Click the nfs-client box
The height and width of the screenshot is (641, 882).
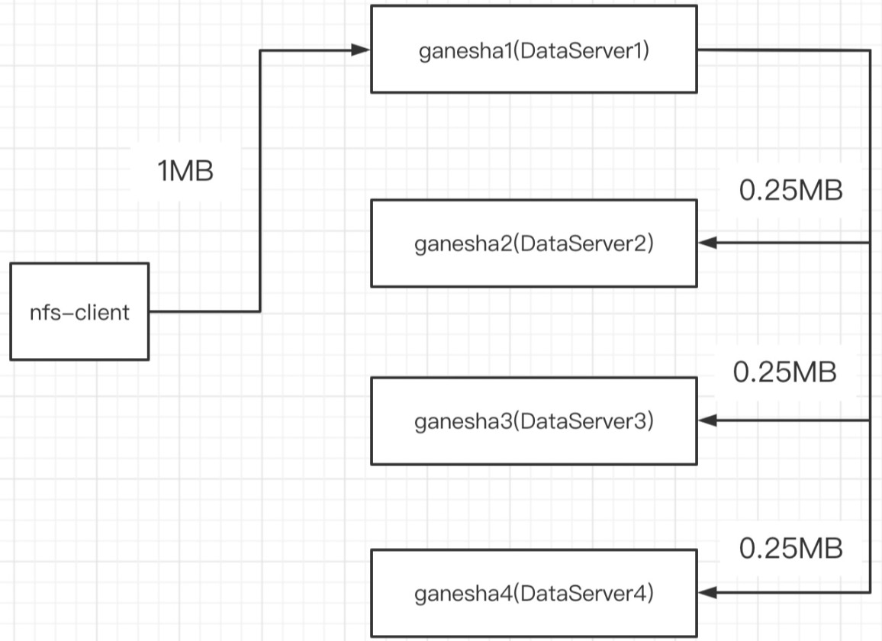[x=79, y=311]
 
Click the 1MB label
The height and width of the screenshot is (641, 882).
[x=185, y=172]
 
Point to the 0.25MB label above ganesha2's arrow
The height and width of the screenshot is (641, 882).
[x=790, y=190]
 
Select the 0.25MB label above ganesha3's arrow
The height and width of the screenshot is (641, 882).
[x=784, y=372]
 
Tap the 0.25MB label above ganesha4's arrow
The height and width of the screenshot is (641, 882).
[x=790, y=548]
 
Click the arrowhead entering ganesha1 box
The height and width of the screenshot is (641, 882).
[x=362, y=50]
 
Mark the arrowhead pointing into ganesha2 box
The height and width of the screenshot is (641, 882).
[x=707, y=243]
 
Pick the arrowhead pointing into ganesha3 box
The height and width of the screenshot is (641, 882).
[x=707, y=420]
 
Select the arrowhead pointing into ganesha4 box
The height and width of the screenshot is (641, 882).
[x=707, y=591]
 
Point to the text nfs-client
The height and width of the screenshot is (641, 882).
[x=79, y=312]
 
